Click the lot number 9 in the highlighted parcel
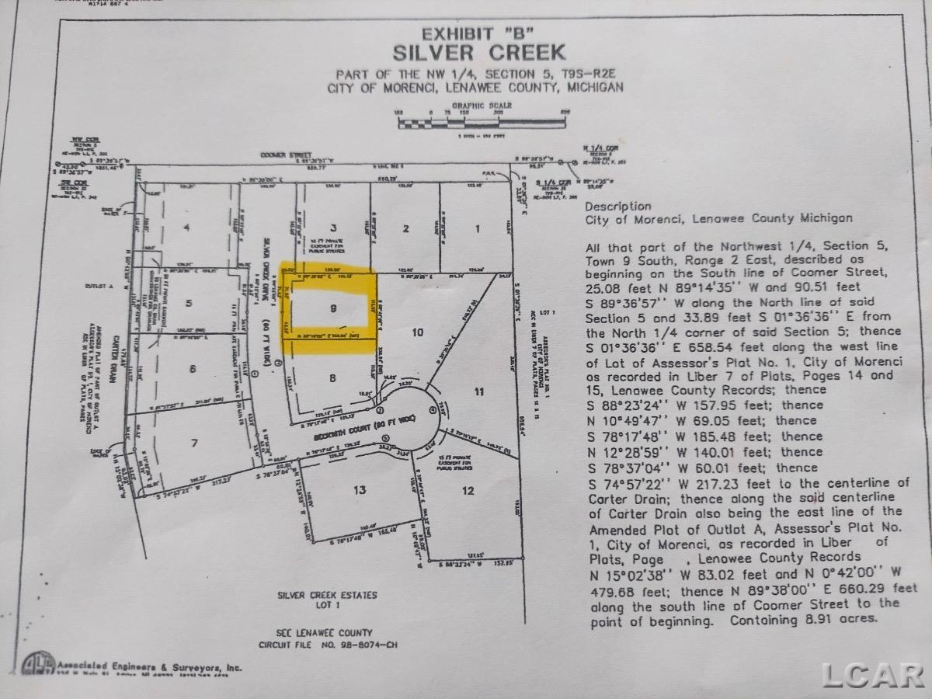tap(333, 308)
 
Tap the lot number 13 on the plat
tap(359, 490)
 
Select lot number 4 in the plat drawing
tap(186, 228)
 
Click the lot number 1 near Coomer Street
tap(478, 228)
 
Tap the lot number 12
tap(467, 490)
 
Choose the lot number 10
tap(417, 332)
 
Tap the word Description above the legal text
tap(618, 206)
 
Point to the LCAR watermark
tap(873, 675)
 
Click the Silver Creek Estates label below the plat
tap(327, 595)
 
